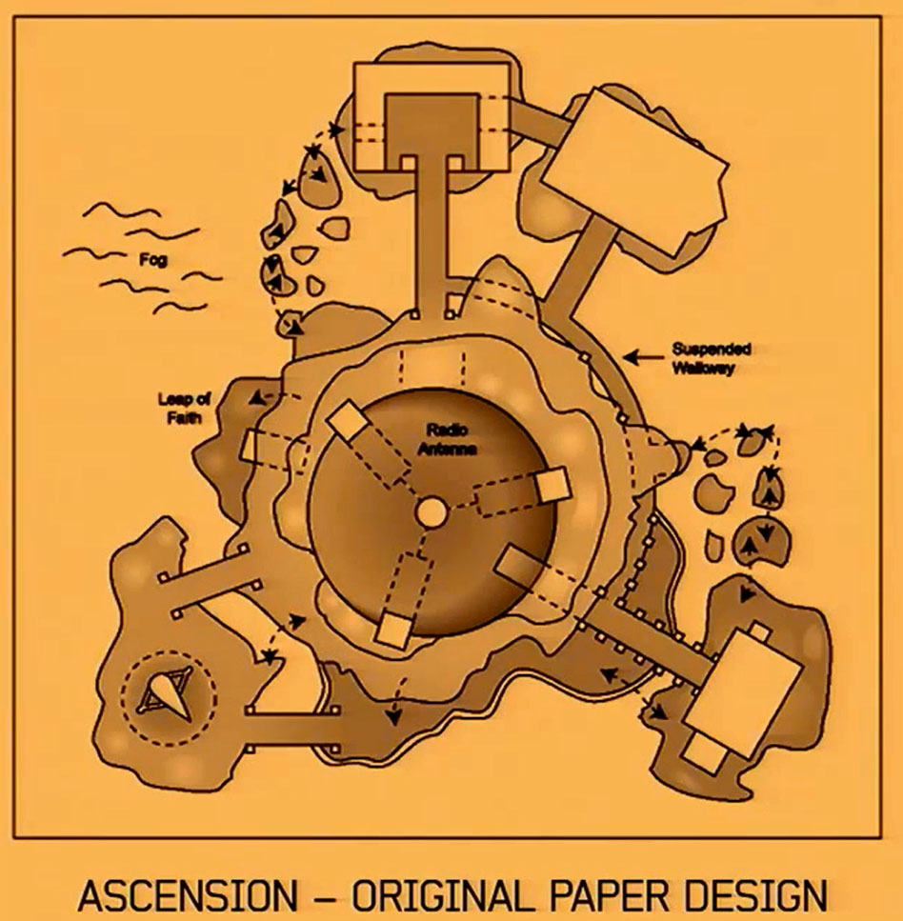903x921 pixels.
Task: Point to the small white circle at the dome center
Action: point(431,511)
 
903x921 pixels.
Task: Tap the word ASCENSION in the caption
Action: point(188,896)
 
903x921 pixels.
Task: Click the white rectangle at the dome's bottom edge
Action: point(391,628)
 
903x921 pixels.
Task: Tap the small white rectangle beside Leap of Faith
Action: point(253,446)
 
